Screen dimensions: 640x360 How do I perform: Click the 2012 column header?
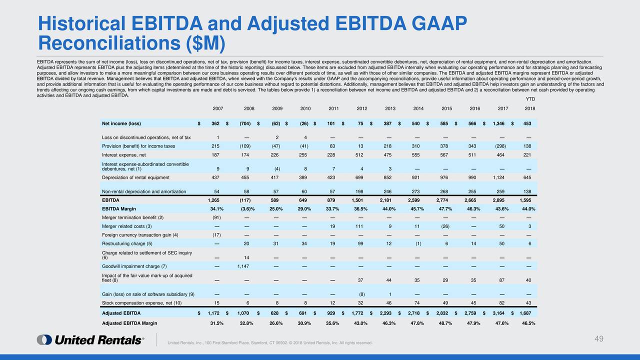(x=361, y=108)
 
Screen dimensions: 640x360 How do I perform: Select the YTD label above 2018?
(x=530, y=99)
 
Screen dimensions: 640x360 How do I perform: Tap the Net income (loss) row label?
(x=121, y=123)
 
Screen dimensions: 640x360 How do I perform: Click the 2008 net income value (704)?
(x=245, y=123)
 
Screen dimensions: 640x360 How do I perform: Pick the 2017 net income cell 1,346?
(x=498, y=123)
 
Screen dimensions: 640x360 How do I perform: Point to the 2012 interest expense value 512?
(x=359, y=155)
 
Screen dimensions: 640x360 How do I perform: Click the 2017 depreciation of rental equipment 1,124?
(x=498, y=177)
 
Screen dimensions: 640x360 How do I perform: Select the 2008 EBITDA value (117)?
(x=245, y=200)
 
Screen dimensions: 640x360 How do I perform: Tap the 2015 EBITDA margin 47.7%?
(x=445, y=209)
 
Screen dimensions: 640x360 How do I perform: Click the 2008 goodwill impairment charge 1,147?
(x=243, y=266)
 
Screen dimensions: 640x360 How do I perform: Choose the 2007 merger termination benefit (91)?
(x=216, y=217)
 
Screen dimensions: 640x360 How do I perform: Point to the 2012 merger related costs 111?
(x=359, y=226)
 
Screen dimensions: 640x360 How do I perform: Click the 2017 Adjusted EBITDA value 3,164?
(x=498, y=313)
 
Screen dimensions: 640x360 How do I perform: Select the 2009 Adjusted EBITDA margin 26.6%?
(x=276, y=323)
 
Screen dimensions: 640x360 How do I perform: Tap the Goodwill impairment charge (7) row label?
(x=134, y=266)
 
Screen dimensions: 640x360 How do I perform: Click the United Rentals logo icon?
(x=44, y=339)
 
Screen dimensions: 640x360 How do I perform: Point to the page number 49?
(x=599, y=339)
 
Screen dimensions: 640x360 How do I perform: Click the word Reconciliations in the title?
(x=109, y=43)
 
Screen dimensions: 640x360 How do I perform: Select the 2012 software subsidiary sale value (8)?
(x=361, y=294)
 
